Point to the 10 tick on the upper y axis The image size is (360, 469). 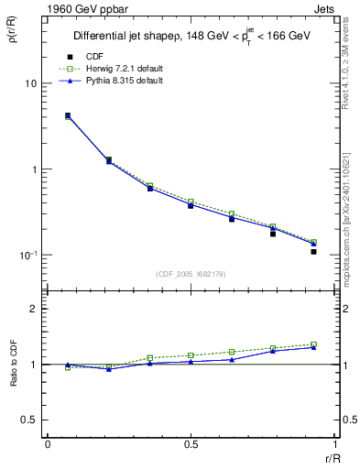tap(29, 84)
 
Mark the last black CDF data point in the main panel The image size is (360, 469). tap(313, 251)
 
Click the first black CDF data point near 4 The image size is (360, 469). tap(68, 116)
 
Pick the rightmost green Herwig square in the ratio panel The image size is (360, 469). tap(313, 344)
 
